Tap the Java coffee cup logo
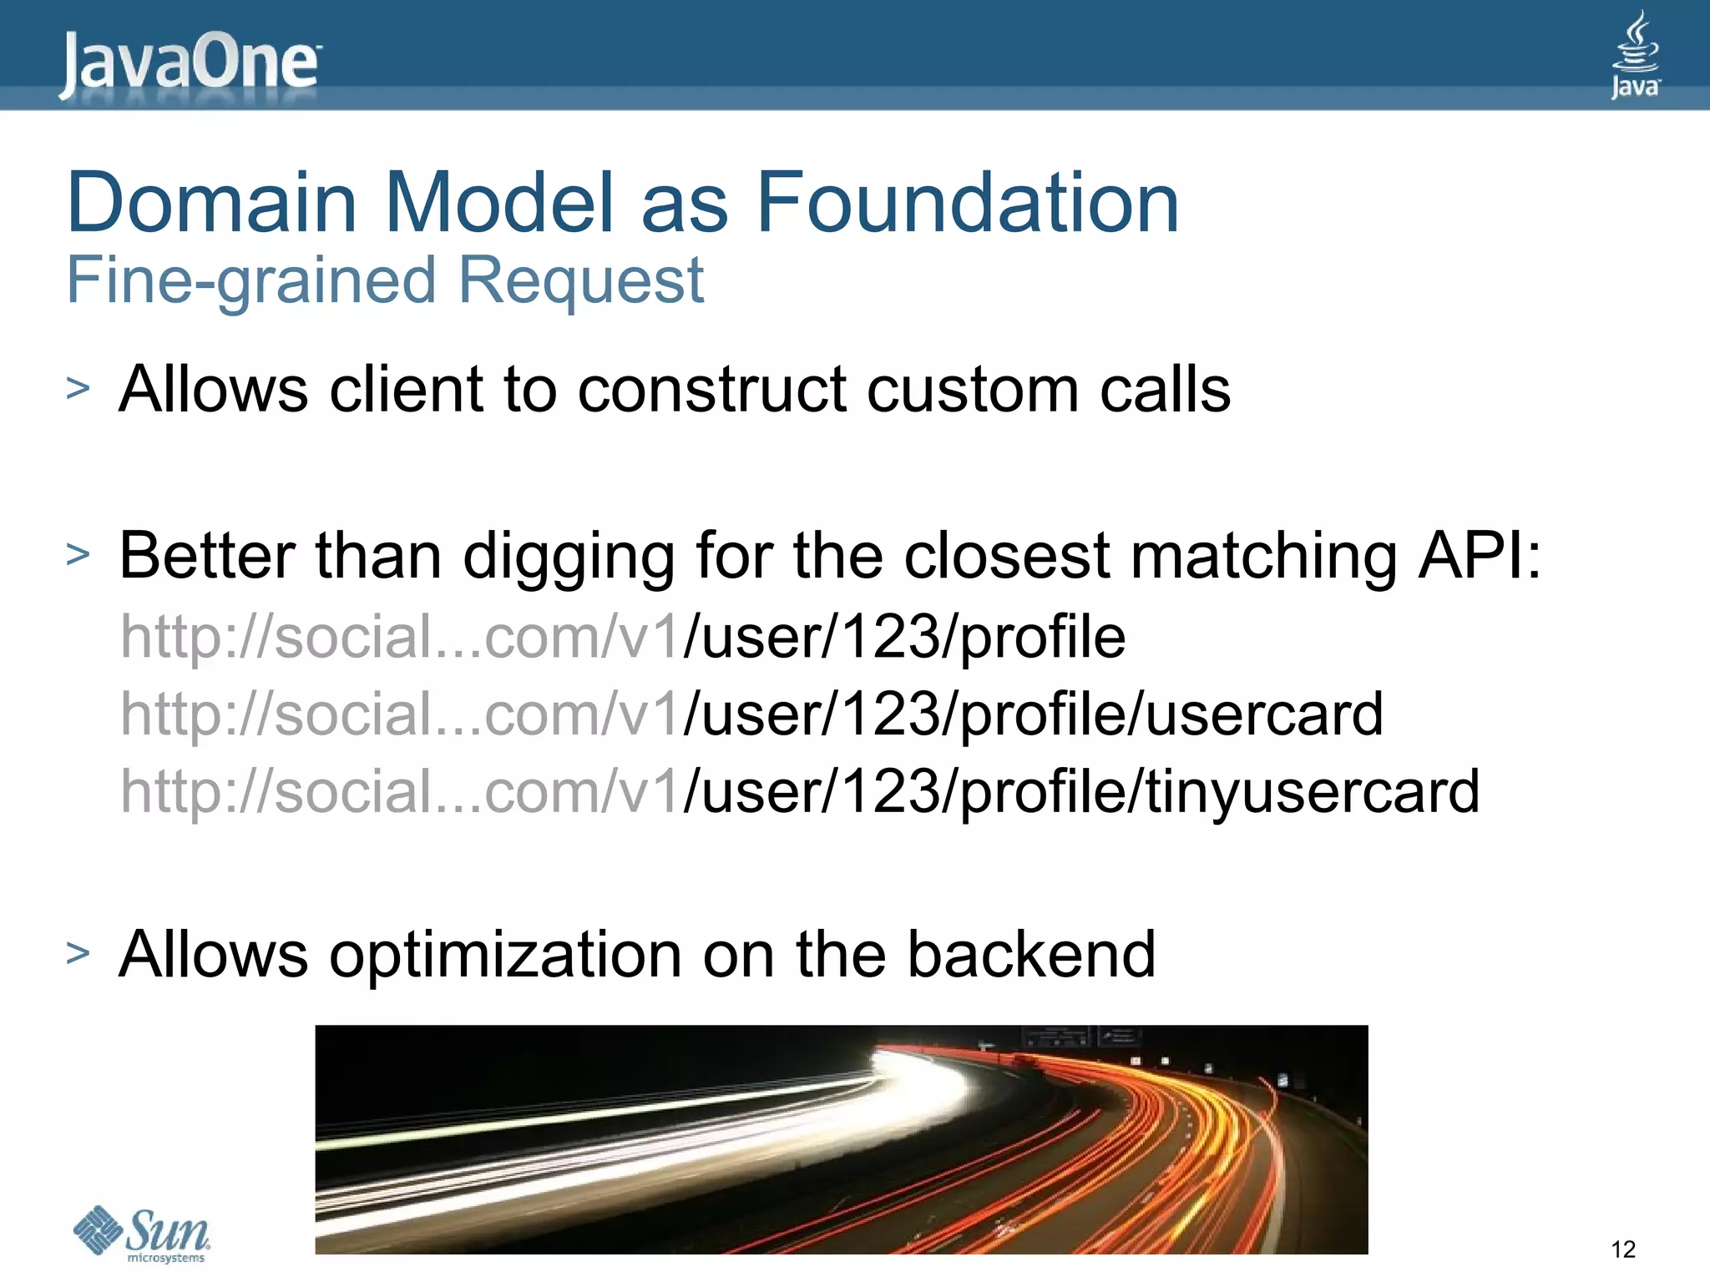1635,54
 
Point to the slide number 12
1622,1249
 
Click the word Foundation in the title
967,203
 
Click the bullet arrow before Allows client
78,388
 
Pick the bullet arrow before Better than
78,554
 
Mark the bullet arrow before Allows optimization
78,952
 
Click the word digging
568,558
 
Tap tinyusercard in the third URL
1312,791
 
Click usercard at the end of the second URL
1264,714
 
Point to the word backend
1031,954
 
